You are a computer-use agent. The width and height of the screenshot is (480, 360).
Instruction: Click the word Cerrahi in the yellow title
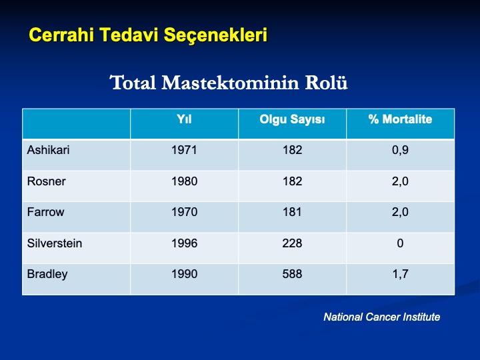pyautogui.click(x=61, y=35)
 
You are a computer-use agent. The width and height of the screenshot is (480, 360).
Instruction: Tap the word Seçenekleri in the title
pyautogui.click(x=215, y=35)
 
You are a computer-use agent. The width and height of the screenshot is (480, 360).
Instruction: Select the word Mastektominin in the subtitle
pyautogui.click(x=230, y=83)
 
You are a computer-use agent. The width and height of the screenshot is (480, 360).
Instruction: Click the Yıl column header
pyautogui.click(x=184, y=119)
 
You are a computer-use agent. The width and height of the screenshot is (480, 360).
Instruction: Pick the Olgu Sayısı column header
pyautogui.click(x=292, y=119)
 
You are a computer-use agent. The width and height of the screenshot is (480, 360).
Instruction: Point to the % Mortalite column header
pyautogui.click(x=400, y=119)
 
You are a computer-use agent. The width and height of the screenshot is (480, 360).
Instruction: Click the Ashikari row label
pyautogui.click(x=48, y=150)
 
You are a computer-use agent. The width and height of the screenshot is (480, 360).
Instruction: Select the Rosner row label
pyautogui.click(x=46, y=181)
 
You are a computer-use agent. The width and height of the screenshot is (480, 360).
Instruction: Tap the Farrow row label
pyautogui.click(x=45, y=212)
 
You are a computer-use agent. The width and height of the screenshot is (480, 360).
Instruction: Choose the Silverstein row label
pyautogui.click(x=55, y=243)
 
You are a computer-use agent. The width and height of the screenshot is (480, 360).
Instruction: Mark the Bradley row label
pyautogui.click(x=47, y=274)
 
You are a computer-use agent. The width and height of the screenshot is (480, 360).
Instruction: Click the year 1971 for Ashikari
pyautogui.click(x=184, y=150)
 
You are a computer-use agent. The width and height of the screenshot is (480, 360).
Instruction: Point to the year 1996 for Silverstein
pyautogui.click(x=184, y=243)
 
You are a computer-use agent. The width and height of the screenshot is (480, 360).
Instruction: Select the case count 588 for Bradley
pyautogui.click(x=292, y=274)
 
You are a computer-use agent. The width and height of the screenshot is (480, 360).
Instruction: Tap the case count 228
pyautogui.click(x=292, y=243)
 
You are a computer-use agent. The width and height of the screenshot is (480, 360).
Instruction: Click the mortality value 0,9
pyautogui.click(x=400, y=150)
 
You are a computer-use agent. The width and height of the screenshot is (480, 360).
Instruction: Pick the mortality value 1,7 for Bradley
pyautogui.click(x=400, y=274)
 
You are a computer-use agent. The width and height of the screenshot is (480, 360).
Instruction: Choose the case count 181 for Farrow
pyautogui.click(x=292, y=212)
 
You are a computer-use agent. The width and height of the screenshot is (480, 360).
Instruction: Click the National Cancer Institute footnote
pyautogui.click(x=382, y=317)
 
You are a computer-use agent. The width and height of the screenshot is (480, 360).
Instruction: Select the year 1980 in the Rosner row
pyautogui.click(x=184, y=181)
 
